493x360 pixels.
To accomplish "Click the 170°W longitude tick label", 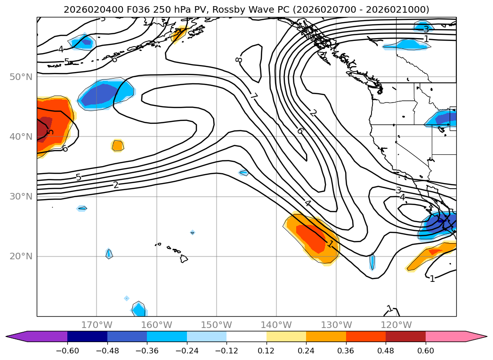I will coord(97,325).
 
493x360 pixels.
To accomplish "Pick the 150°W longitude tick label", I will coord(217,325).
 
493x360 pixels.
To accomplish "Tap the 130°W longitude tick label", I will coord(336,325).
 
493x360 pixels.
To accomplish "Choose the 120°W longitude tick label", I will coord(396,325).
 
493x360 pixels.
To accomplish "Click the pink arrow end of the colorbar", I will coord(476,336).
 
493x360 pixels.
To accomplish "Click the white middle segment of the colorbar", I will coord(246,336).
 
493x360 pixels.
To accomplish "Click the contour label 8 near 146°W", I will coord(239,60).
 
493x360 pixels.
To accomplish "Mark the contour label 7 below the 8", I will coord(253,96).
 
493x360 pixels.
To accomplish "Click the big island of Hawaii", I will coord(184,258).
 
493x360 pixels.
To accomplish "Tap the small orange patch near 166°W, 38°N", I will coord(118,145).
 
